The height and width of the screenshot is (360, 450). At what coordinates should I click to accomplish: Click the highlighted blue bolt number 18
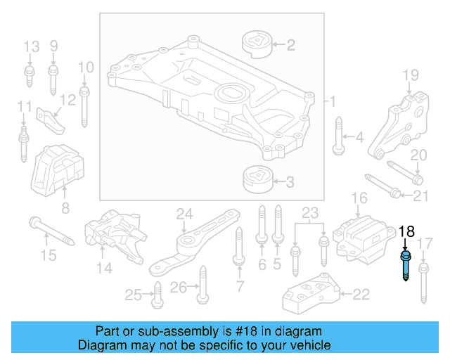tap(407, 266)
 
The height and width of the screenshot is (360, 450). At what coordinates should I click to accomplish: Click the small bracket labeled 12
tap(51, 120)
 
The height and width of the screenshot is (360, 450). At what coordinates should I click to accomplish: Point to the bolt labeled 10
tap(85, 103)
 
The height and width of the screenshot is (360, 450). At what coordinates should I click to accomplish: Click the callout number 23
tap(310, 212)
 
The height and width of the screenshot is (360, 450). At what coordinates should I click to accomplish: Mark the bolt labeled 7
tap(240, 249)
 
